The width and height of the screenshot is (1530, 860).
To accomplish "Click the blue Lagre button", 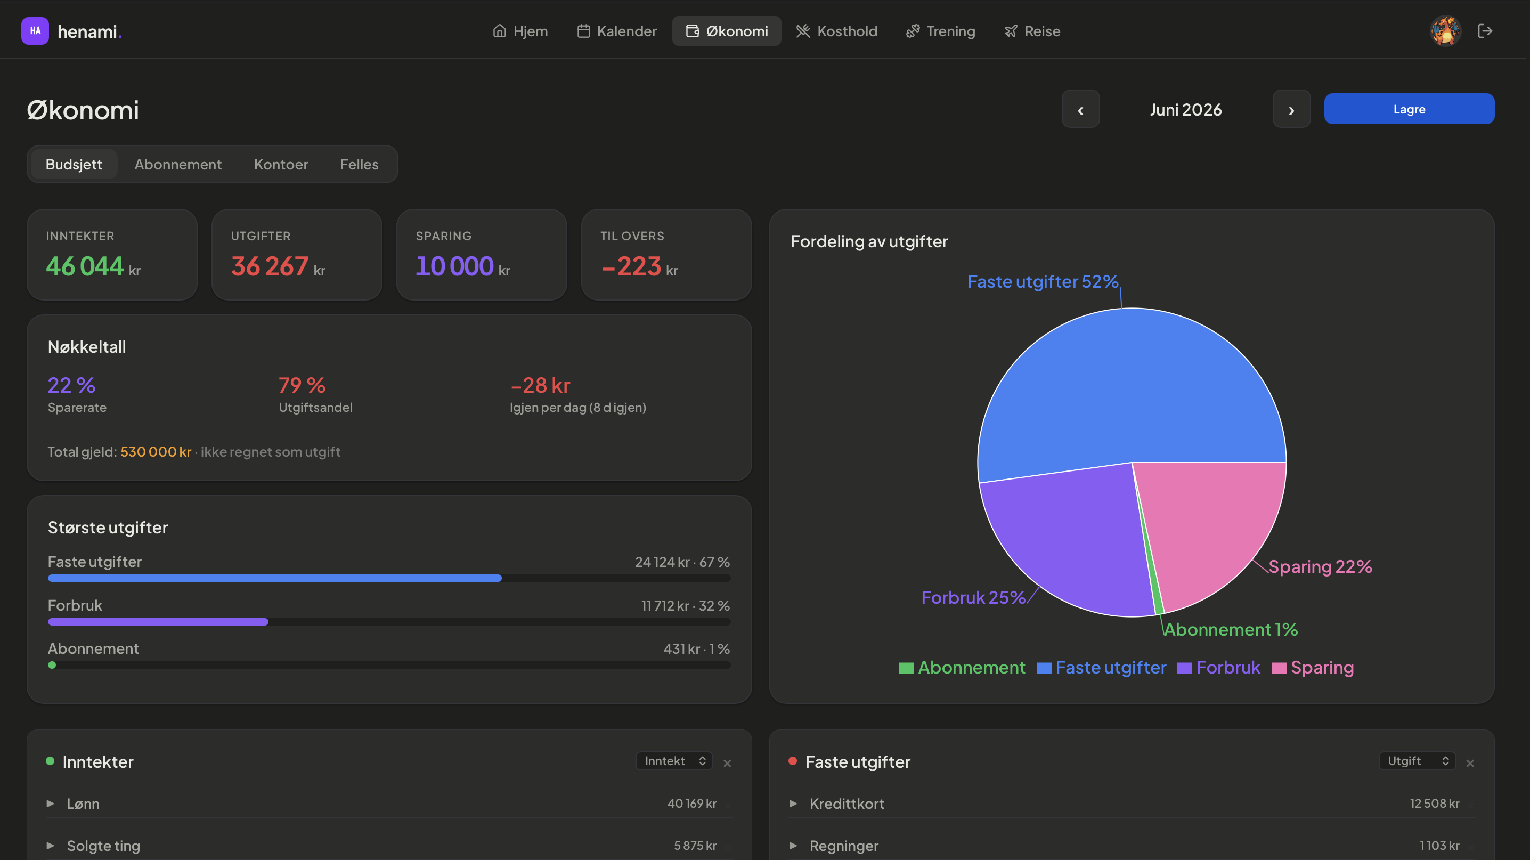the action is [1409, 109].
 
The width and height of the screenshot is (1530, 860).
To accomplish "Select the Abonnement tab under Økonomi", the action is [177, 164].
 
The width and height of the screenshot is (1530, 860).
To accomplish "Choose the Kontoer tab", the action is [281, 164].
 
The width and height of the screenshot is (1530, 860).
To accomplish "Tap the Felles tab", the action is [359, 164].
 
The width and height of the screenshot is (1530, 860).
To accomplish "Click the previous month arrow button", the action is [1080, 109].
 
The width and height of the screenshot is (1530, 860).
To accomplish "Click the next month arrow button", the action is [1291, 109].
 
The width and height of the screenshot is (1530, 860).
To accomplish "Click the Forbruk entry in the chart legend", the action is [1218, 668].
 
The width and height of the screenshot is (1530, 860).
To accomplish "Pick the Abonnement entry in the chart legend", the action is [962, 668].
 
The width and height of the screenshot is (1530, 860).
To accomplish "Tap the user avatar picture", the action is [1445, 31].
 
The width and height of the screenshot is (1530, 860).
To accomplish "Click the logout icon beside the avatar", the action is [1485, 31].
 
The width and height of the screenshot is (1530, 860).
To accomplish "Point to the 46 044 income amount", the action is [85, 266].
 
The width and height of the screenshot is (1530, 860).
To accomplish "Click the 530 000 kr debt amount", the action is [156, 451].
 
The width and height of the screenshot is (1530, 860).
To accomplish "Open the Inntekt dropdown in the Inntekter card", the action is [674, 761].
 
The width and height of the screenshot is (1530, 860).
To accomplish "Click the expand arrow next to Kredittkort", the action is [793, 804].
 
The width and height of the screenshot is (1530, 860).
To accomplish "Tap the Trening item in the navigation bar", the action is [940, 31].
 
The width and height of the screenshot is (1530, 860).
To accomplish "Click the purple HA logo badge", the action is [35, 31].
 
